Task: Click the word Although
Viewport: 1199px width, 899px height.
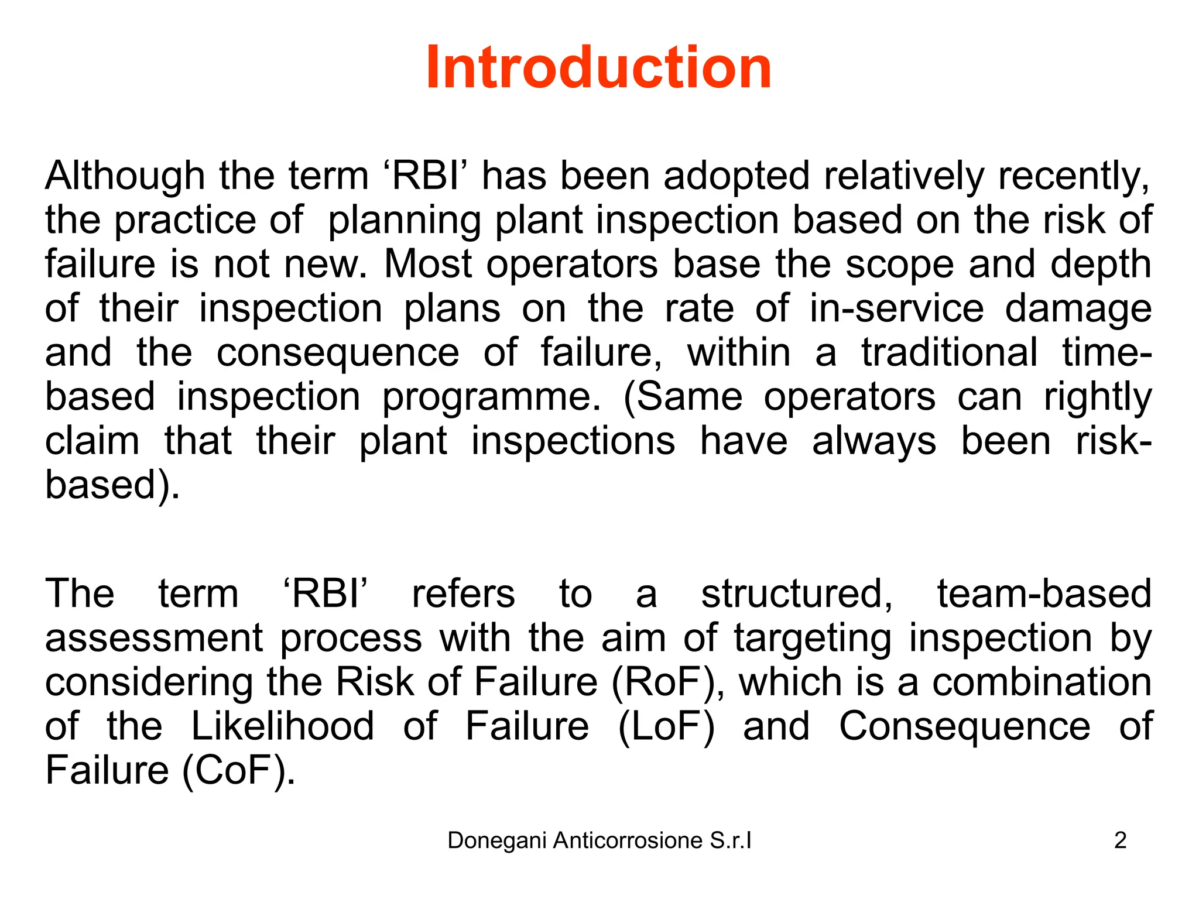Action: point(125,176)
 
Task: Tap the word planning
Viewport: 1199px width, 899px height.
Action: point(404,221)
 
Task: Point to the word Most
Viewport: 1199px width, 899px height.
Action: point(427,264)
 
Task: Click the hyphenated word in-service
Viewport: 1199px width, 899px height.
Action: point(896,308)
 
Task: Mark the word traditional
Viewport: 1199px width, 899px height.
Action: point(949,352)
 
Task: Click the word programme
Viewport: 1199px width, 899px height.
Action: point(491,398)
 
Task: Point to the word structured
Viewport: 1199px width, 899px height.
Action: point(797,593)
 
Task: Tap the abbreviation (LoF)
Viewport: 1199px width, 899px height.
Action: point(666,726)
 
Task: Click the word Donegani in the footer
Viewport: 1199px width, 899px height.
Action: point(497,840)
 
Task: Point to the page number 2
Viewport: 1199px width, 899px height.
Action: point(1120,840)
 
